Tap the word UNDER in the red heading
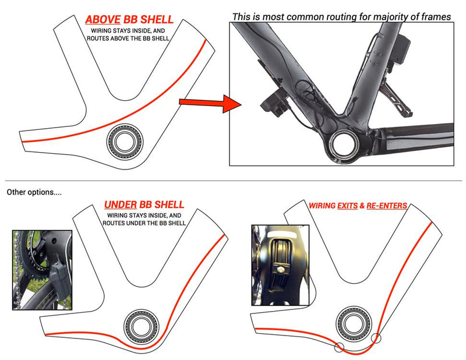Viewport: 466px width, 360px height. (x=121, y=205)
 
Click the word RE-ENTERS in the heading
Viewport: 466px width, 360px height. (x=387, y=206)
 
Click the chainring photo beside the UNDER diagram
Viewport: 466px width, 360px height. (x=43, y=269)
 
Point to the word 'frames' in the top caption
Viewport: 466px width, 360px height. (x=435, y=17)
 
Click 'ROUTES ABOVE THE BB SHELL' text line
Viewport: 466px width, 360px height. (x=128, y=38)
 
